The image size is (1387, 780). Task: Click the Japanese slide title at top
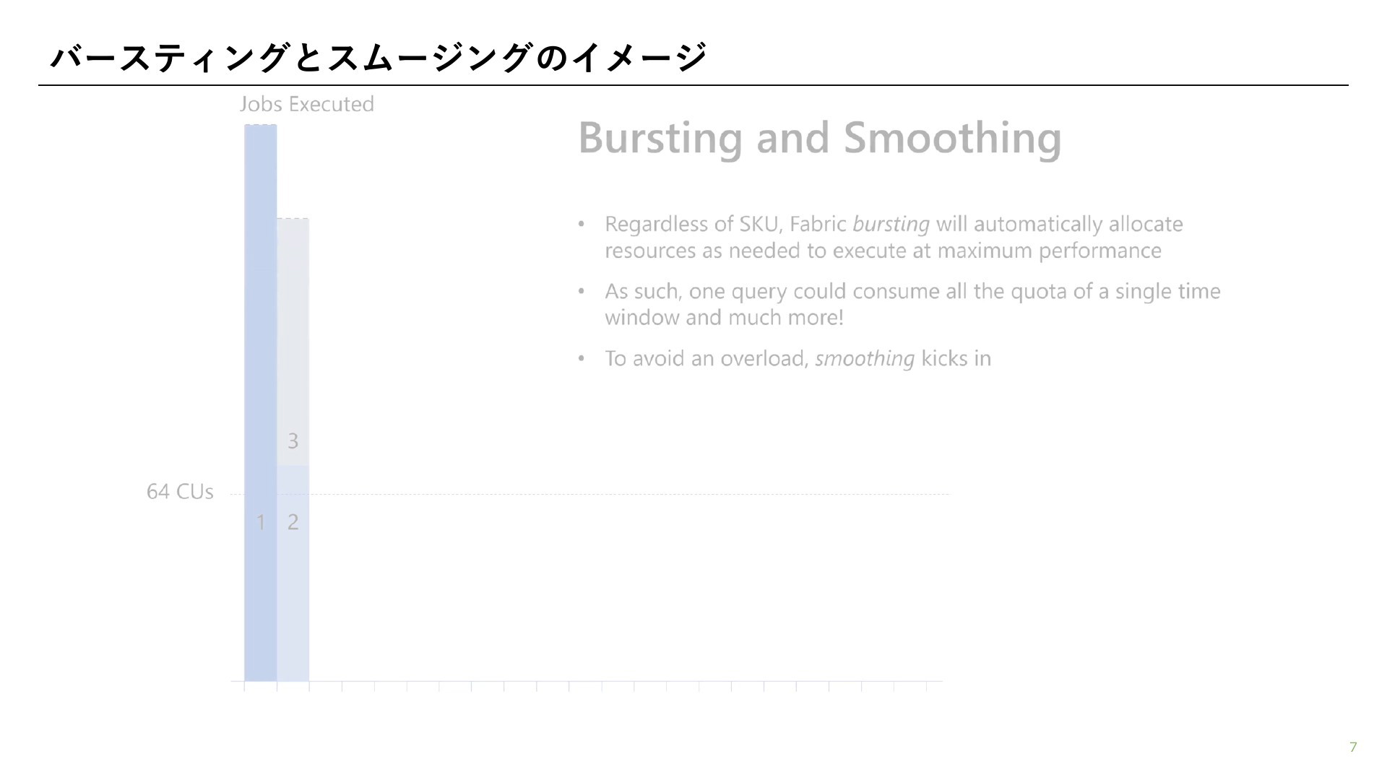point(378,58)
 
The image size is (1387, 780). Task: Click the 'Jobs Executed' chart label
point(307,104)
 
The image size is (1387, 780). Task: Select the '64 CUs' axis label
point(180,492)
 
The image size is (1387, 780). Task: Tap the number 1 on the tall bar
point(261,522)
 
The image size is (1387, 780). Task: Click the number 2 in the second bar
point(293,522)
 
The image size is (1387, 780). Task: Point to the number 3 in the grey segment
point(293,441)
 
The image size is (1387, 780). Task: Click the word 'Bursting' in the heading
point(660,138)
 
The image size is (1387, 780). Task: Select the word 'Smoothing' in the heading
point(953,138)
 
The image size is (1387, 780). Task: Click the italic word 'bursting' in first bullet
point(891,225)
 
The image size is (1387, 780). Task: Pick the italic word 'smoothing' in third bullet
point(865,359)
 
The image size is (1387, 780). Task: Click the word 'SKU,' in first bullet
point(761,225)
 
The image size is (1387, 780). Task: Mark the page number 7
point(1353,747)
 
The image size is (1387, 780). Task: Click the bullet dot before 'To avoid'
point(581,359)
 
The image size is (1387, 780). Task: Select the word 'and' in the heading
point(792,138)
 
